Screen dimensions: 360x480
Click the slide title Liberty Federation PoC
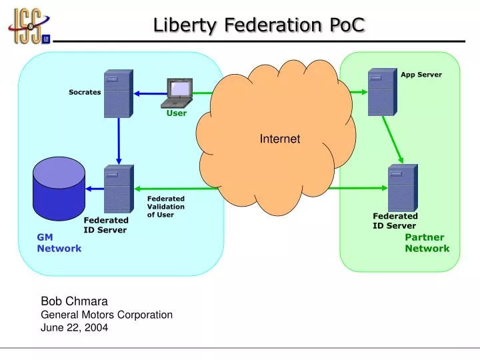click(259, 25)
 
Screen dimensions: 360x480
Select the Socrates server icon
click(118, 93)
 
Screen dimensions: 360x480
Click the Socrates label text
click(85, 92)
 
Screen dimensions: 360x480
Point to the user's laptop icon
click(177, 93)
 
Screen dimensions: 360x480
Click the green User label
click(177, 113)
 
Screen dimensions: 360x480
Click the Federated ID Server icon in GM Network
click(119, 189)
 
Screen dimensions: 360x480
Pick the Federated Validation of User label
click(165, 207)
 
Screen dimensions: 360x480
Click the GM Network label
click(59, 243)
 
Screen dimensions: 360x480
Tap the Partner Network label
click(427, 243)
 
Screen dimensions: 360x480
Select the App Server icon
click(382, 92)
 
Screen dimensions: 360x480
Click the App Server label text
click(421, 75)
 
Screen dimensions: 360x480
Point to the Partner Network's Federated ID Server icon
click(402, 188)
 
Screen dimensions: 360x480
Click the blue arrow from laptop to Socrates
click(149, 93)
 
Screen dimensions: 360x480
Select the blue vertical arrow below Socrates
click(118, 141)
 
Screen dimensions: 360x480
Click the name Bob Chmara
click(74, 301)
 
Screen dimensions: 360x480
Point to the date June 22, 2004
click(74, 327)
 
